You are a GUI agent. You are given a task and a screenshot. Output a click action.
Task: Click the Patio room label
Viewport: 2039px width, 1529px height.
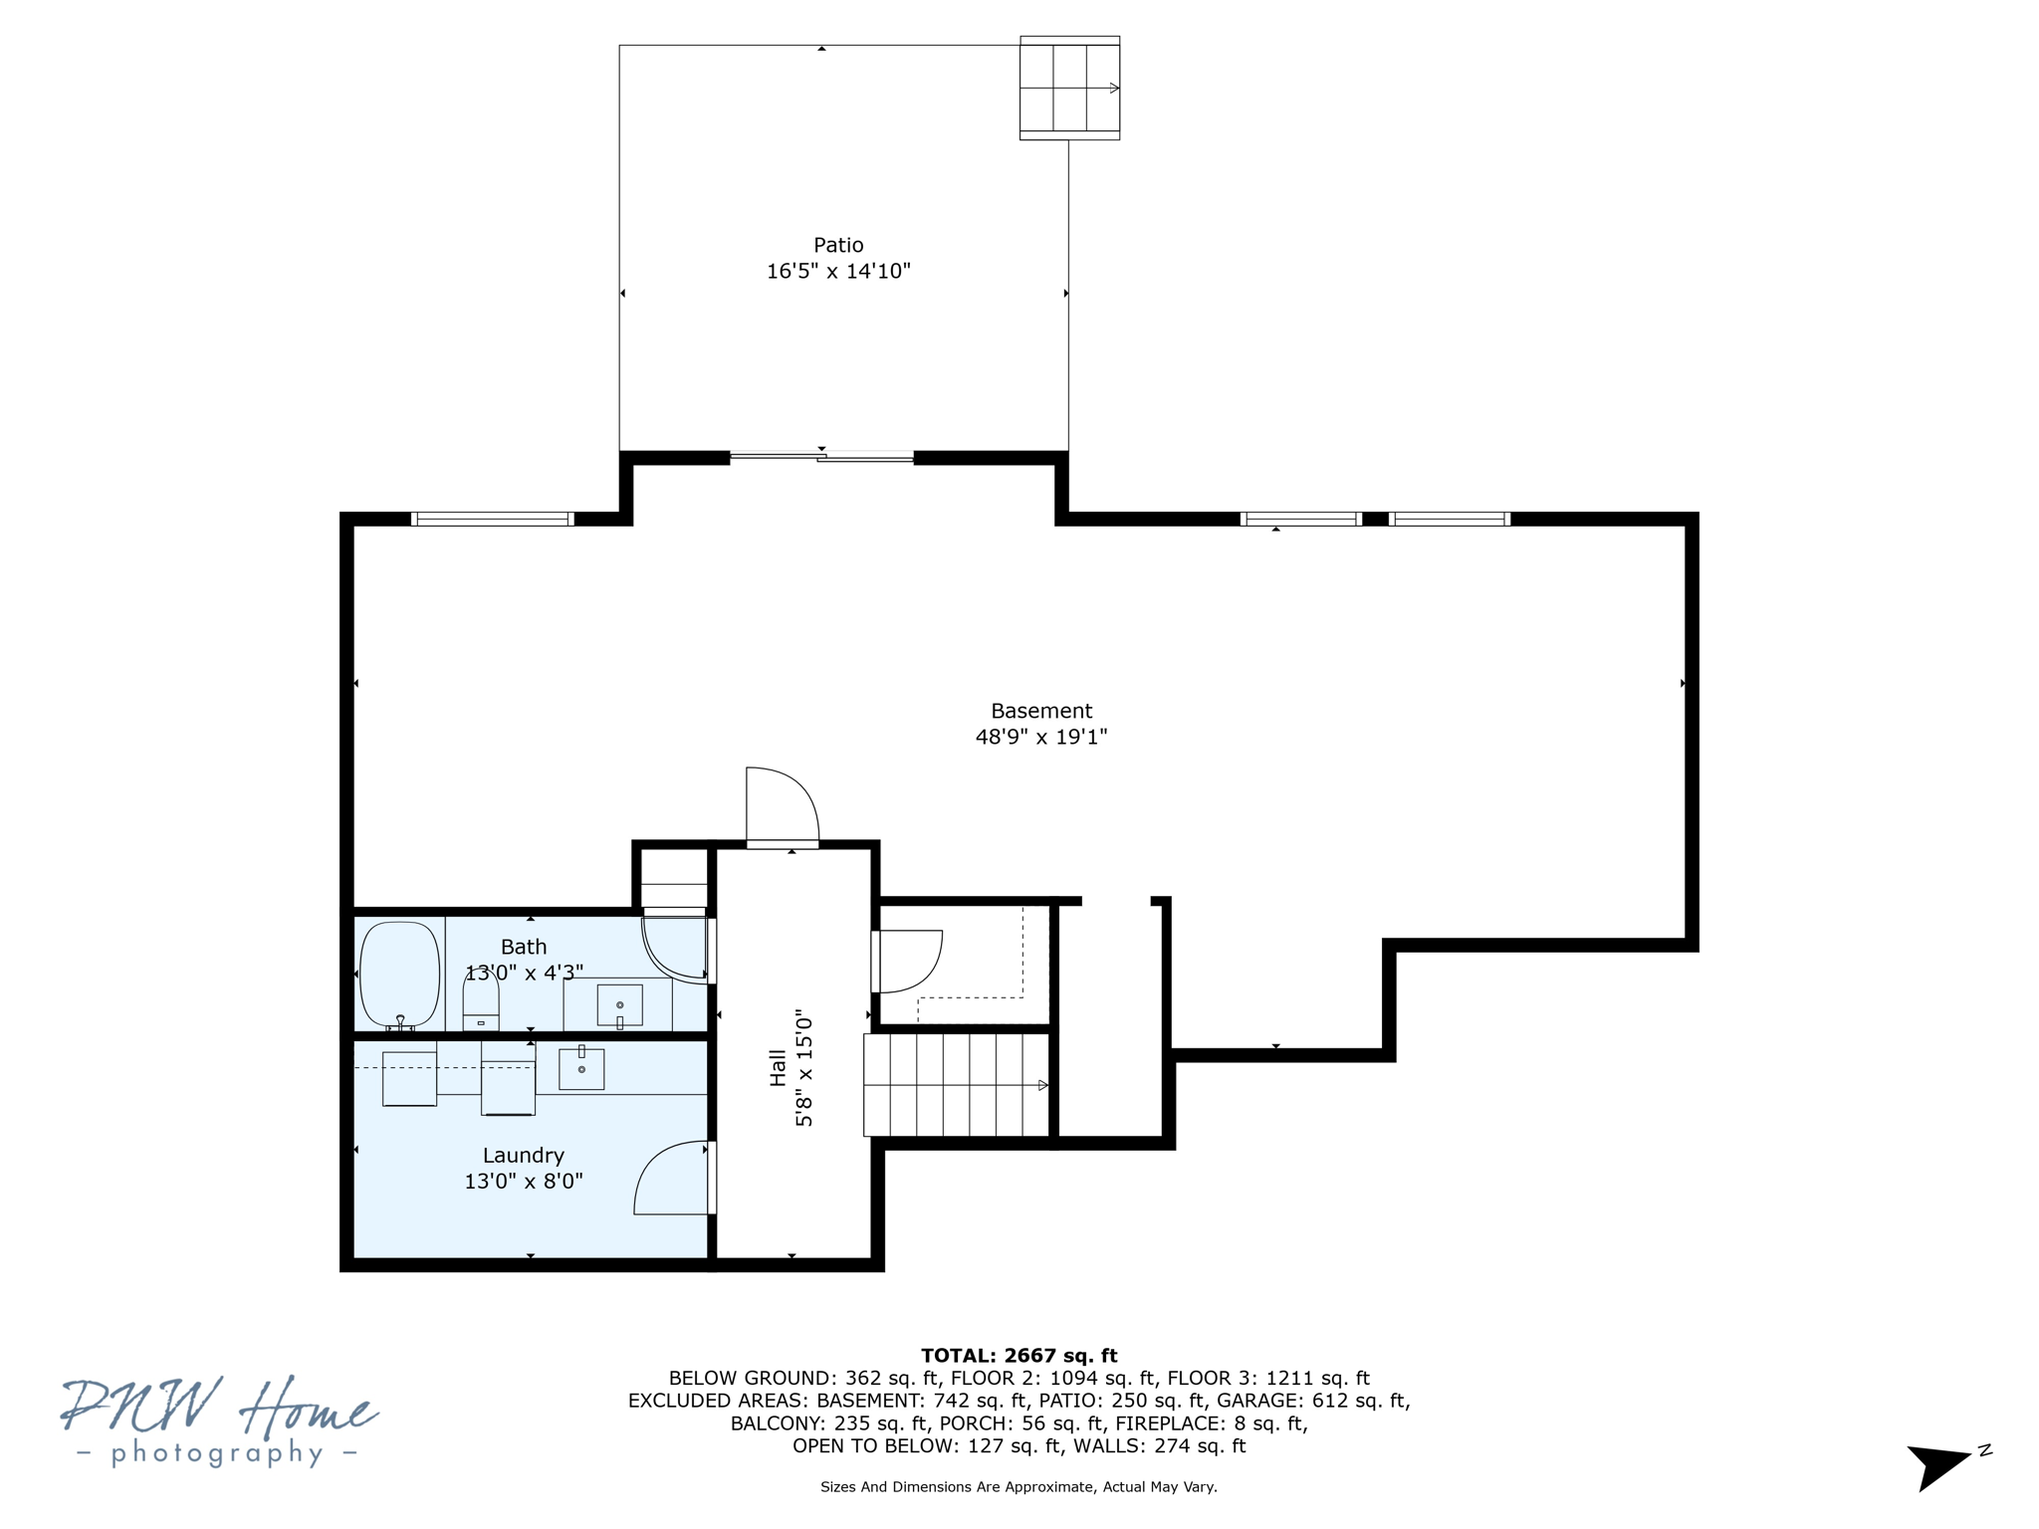pos(838,245)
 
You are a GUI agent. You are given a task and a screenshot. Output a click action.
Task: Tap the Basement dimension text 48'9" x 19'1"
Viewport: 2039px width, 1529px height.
pos(1040,737)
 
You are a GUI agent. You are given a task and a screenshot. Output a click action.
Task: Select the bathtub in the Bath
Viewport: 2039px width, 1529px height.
pos(399,975)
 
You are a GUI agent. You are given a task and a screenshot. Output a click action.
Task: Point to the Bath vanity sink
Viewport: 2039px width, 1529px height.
pos(619,1004)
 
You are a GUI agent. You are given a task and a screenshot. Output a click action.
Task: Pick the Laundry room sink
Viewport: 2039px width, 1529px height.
pos(581,1068)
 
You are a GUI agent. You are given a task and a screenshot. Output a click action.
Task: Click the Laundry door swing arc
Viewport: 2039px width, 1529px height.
pos(669,1179)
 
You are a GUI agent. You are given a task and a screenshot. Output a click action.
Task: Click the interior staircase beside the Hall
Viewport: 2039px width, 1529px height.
pos(956,1085)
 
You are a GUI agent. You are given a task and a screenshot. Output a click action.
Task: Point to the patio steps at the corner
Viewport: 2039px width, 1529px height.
pos(1069,88)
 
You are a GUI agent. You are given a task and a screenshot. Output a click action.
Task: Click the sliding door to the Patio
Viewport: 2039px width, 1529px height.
pos(821,457)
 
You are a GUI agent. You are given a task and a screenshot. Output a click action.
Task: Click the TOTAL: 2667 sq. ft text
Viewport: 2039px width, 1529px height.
pos(1019,1355)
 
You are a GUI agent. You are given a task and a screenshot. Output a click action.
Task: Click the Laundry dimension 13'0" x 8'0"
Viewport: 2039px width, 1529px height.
pos(523,1181)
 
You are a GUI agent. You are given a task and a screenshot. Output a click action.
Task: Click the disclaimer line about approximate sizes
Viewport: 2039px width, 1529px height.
pos(1019,1486)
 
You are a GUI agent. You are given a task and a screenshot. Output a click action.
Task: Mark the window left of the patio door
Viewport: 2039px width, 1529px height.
pos(492,519)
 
